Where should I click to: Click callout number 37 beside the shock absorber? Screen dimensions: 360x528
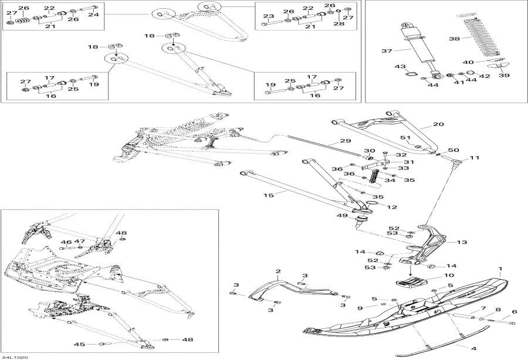(x=386, y=52)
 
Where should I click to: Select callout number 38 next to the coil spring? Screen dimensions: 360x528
(x=455, y=39)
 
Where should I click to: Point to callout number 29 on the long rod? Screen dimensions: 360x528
(x=345, y=141)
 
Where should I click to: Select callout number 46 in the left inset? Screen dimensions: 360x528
(x=66, y=242)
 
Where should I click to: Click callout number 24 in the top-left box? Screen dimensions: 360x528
(x=93, y=14)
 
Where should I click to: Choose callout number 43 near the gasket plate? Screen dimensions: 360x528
(x=401, y=66)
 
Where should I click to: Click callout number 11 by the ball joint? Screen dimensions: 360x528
(x=475, y=158)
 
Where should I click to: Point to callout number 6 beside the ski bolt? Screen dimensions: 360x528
(x=515, y=311)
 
